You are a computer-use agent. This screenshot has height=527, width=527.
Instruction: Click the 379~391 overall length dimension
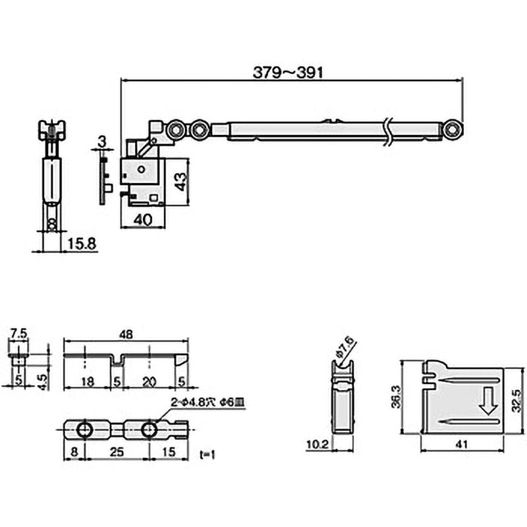[289, 72]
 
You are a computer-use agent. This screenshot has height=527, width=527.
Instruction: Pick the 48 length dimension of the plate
[126, 334]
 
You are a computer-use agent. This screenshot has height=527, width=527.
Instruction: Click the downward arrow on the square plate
[488, 402]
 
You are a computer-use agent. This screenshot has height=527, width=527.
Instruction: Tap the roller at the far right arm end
[451, 130]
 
